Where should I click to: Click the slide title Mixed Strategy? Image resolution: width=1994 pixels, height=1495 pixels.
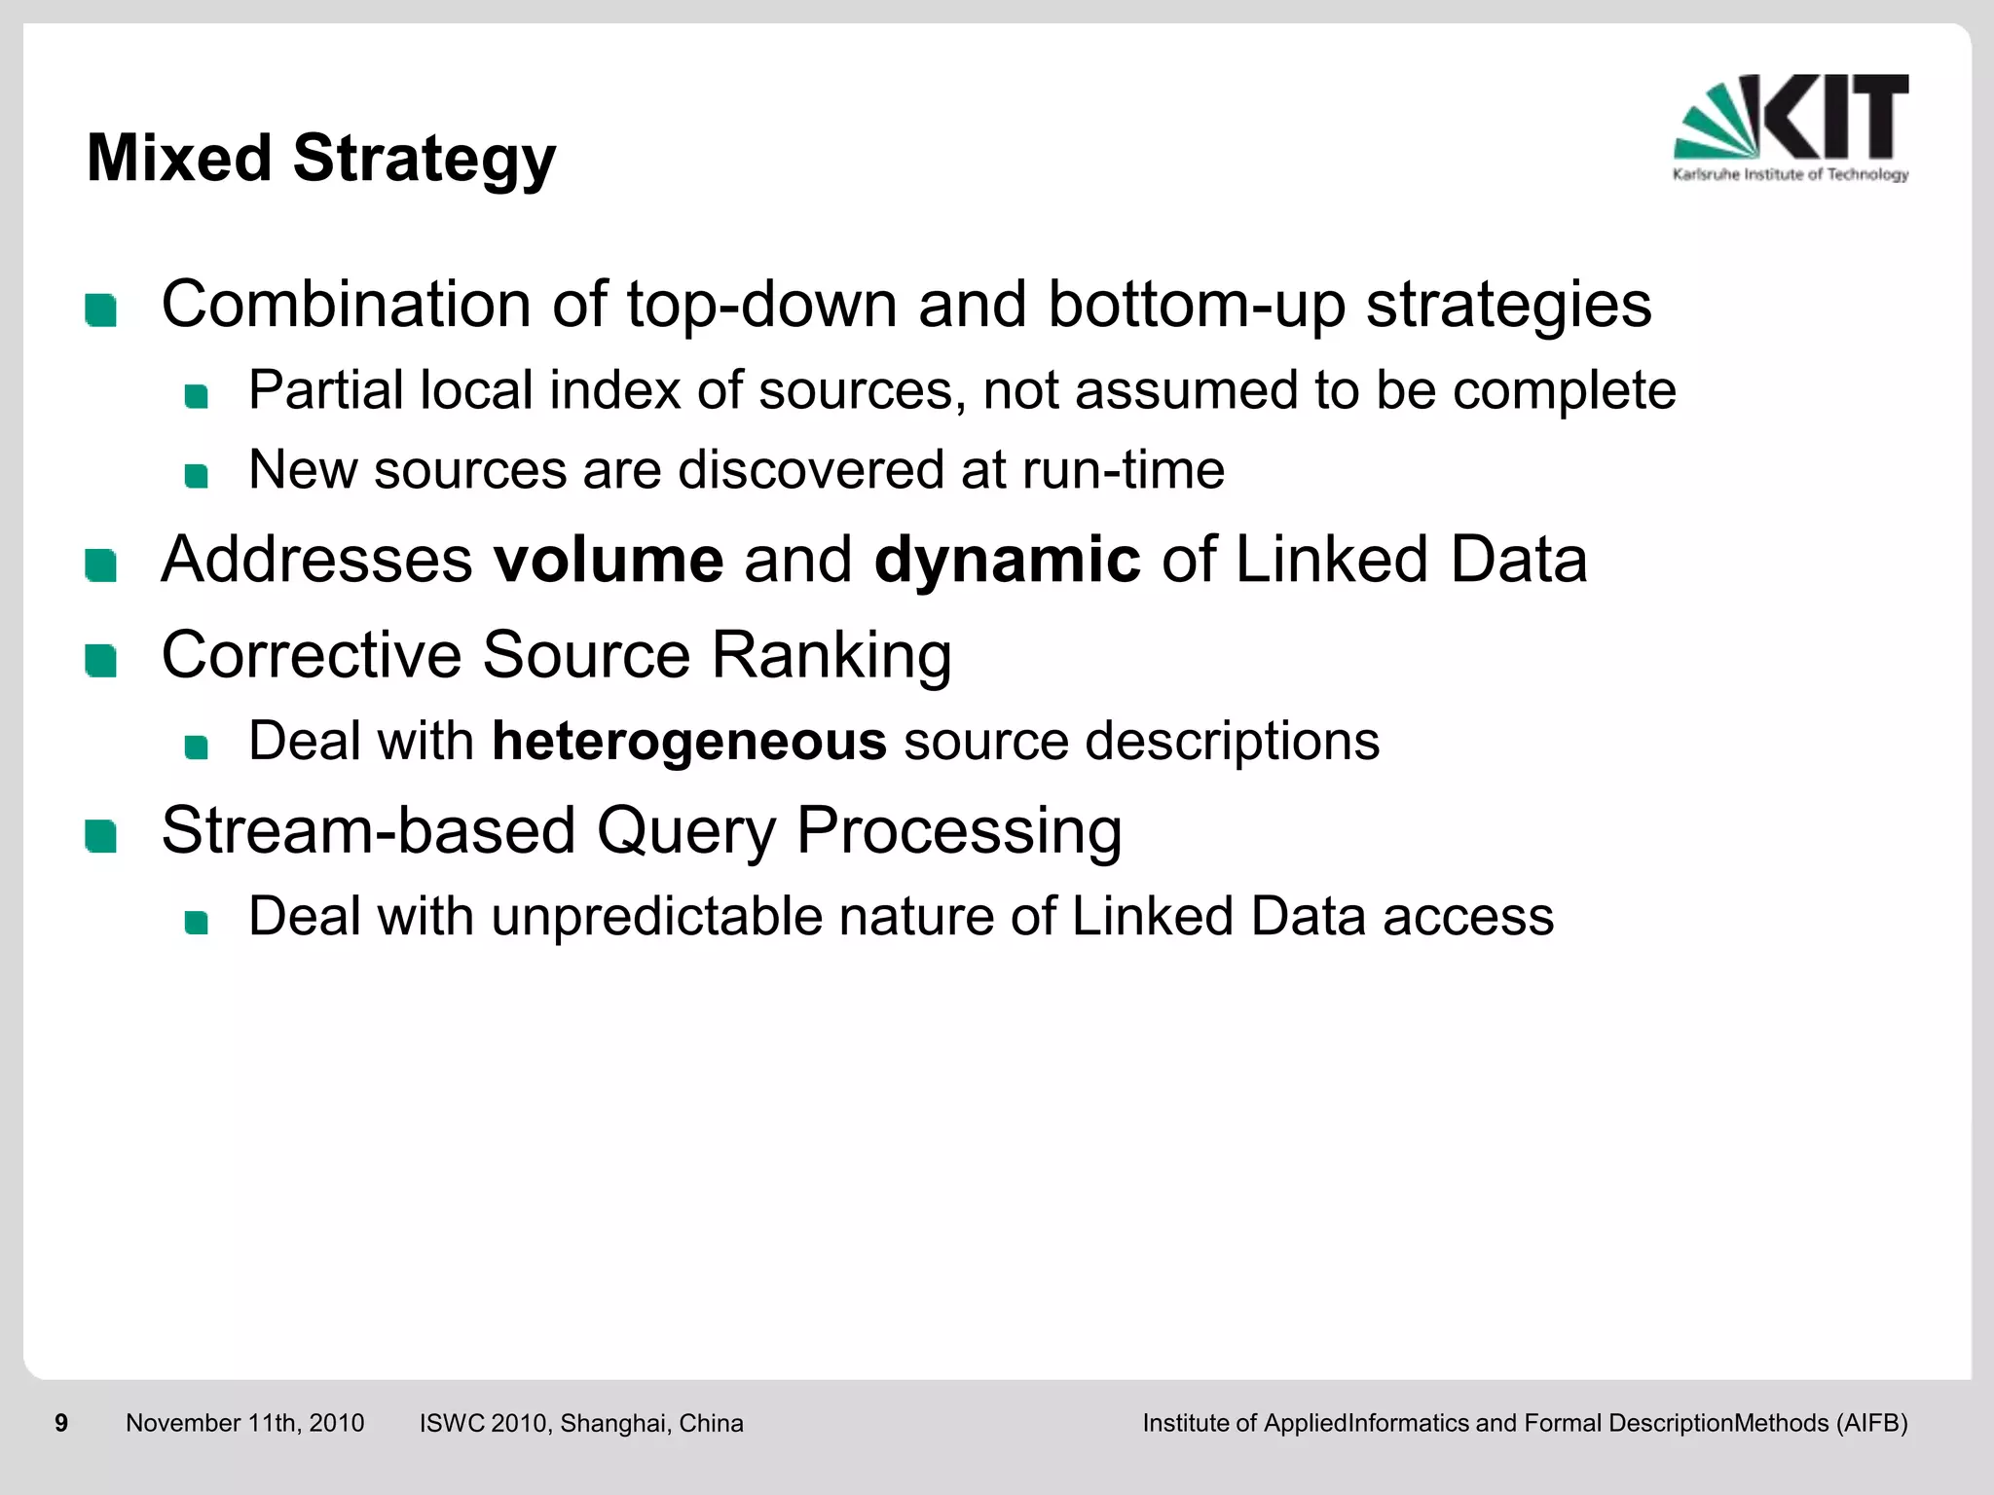click(321, 159)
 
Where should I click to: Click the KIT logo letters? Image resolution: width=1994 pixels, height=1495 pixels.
click(1835, 117)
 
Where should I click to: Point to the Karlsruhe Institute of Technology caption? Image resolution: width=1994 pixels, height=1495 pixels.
click(1790, 175)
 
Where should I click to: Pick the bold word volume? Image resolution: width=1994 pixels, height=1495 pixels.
click(609, 560)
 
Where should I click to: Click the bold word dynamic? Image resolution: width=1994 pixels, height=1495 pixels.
click(1007, 560)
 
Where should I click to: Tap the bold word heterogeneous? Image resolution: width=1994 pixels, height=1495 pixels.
click(689, 741)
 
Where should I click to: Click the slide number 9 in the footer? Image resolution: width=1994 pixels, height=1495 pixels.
click(61, 1423)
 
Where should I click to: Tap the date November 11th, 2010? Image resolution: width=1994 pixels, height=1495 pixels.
click(244, 1423)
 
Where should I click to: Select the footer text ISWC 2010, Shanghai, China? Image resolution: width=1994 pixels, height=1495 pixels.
click(581, 1423)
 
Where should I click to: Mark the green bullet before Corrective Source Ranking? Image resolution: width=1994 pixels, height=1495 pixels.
click(100, 661)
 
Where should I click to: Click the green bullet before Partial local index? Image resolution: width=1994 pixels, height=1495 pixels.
click(196, 396)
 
